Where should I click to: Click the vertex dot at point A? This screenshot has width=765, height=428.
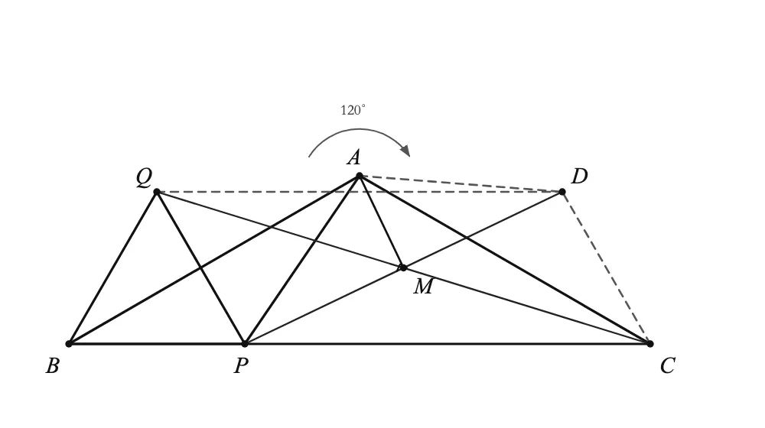click(360, 176)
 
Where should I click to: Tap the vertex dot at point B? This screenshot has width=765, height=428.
click(69, 344)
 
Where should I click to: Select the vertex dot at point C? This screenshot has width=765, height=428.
click(649, 344)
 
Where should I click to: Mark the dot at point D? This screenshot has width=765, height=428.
click(562, 192)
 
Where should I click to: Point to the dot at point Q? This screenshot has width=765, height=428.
click(157, 192)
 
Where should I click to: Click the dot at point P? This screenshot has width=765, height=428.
click(245, 344)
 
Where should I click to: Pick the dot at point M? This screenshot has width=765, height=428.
click(403, 267)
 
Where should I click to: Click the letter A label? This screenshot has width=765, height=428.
click(354, 157)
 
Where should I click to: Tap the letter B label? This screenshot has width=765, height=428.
click(53, 365)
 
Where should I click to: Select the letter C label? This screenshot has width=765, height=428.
click(668, 365)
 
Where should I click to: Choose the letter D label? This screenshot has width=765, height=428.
click(579, 176)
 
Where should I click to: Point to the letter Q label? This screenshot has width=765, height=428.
click(144, 177)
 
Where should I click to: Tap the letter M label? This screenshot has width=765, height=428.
click(424, 287)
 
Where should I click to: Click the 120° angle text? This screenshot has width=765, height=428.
click(353, 110)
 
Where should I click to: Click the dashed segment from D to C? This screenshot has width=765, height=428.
click(606, 268)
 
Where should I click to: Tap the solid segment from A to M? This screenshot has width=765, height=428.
click(381, 222)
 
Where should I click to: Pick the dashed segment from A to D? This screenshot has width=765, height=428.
click(461, 183)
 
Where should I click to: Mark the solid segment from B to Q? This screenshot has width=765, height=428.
click(112, 268)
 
